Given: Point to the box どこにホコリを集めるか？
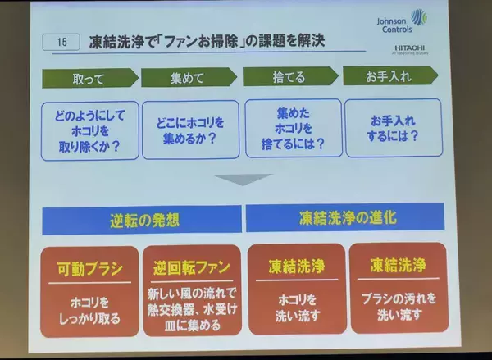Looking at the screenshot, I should tap(189, 127).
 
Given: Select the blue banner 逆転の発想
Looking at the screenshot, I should tap(142, 220).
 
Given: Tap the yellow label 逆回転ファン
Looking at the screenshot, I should tap(192, 268).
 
